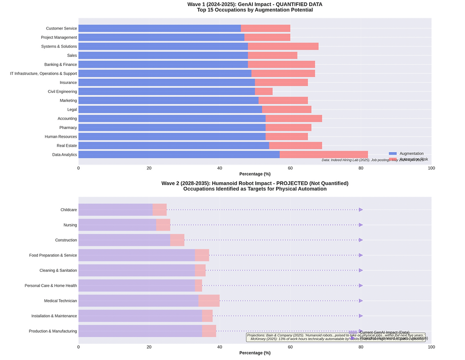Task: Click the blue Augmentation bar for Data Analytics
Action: [179, 155]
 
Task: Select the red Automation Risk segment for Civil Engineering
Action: [264, 92]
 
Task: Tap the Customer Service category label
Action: [61, 28]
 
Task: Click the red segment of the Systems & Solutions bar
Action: [283, 46]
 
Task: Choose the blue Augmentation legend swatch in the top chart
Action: [392, 154]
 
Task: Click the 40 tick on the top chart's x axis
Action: [220, 168]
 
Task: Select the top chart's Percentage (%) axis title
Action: [255, 174]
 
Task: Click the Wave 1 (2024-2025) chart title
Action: [255, 4]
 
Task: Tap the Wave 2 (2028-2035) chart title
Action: [255, 183]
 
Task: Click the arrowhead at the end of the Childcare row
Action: [361, 210]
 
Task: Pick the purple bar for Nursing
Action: [117, 225]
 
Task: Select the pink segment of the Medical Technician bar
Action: [209, 301]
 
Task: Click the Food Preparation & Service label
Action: [53, 255]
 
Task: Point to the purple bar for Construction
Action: [124, 240]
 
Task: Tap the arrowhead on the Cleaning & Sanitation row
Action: [361, 270]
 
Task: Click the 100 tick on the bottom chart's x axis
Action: [431, 347]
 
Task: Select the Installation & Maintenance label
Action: [54, 316]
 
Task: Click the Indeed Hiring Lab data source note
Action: [372, 160]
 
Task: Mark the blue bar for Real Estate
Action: [174, 146]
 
